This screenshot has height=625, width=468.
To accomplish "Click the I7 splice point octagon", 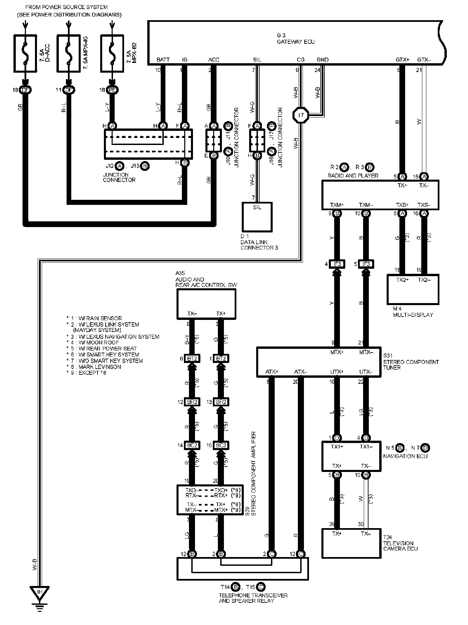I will click(301, 115).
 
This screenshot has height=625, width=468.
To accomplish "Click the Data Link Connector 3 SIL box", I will click(257, 217).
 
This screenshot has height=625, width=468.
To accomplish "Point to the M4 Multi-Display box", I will click(413, 289).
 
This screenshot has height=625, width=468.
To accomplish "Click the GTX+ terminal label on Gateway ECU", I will click(402, 60).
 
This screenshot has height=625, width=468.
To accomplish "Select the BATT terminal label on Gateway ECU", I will click(163, 60).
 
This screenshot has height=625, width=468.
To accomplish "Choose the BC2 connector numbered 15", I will click(221, 445).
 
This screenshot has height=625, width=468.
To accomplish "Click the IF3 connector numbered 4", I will click(337, 264).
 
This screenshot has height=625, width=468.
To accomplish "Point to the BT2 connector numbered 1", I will click(221, 359).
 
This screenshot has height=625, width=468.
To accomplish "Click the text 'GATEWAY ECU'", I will click(296, 42).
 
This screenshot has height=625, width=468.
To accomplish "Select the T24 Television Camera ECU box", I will click(352, 543).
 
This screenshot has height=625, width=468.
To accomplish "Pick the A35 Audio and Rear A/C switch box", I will click(206, 304).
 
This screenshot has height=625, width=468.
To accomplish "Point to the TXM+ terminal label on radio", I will click(337, 205).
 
